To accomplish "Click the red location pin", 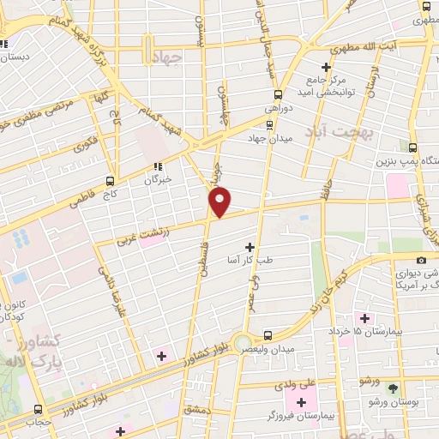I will point(220,201).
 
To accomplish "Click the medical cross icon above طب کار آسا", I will point(250,247).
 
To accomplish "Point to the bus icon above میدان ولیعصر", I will point(268,335).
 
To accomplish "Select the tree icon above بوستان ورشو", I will point(394,388).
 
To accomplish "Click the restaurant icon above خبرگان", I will point(157,167).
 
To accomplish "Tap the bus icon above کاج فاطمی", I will point(110,181).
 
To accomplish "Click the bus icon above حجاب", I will point(37,410).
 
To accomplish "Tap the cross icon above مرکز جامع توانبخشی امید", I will point(326,67).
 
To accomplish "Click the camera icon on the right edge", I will point(421,260).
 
